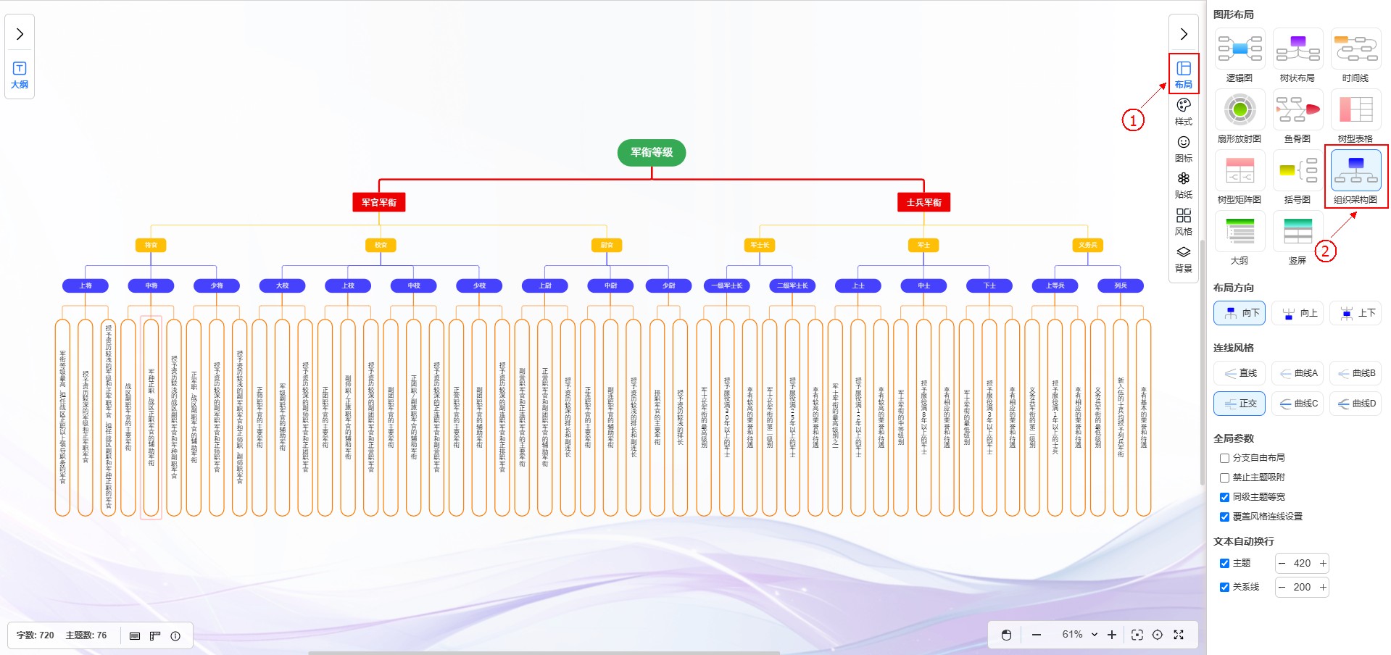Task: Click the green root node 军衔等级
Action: point(651,153)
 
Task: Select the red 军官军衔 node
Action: point(378,202)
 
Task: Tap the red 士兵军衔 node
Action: point(923,202)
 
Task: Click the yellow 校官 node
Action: point(381,245)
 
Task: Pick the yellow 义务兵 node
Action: point(1087,245)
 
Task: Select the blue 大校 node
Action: point(282,285)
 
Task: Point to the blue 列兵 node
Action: point(1121,285)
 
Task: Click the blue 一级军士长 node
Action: point(726,285)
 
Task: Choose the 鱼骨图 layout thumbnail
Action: point(1297,110)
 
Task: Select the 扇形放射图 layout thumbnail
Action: point(1240,110)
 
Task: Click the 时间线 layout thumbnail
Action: point(1355,49)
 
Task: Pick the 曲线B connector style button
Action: point(1355,373)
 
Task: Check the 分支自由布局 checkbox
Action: point(1224,458)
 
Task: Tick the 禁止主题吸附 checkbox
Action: point(1224,477)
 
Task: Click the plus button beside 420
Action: point(1323,563)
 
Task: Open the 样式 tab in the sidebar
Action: point(1183,111)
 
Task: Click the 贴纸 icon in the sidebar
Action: point(1183,184)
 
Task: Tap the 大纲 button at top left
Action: point(20,75)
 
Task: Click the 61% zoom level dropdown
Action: point(1079,635)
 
